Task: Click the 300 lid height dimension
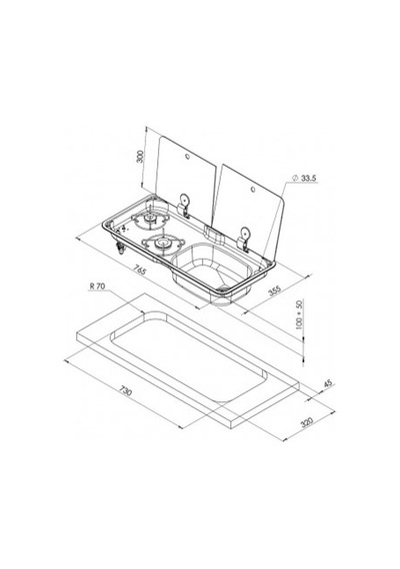point(140,157)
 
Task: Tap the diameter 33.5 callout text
point(305,178)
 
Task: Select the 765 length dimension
point(140,271)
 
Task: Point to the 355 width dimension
point(275,290)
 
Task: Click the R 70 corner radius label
point(97,286)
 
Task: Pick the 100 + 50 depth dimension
point(299,314)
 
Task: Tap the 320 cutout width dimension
point(307,422)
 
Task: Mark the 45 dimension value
point(328,384)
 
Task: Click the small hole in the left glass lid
point(187,157)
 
